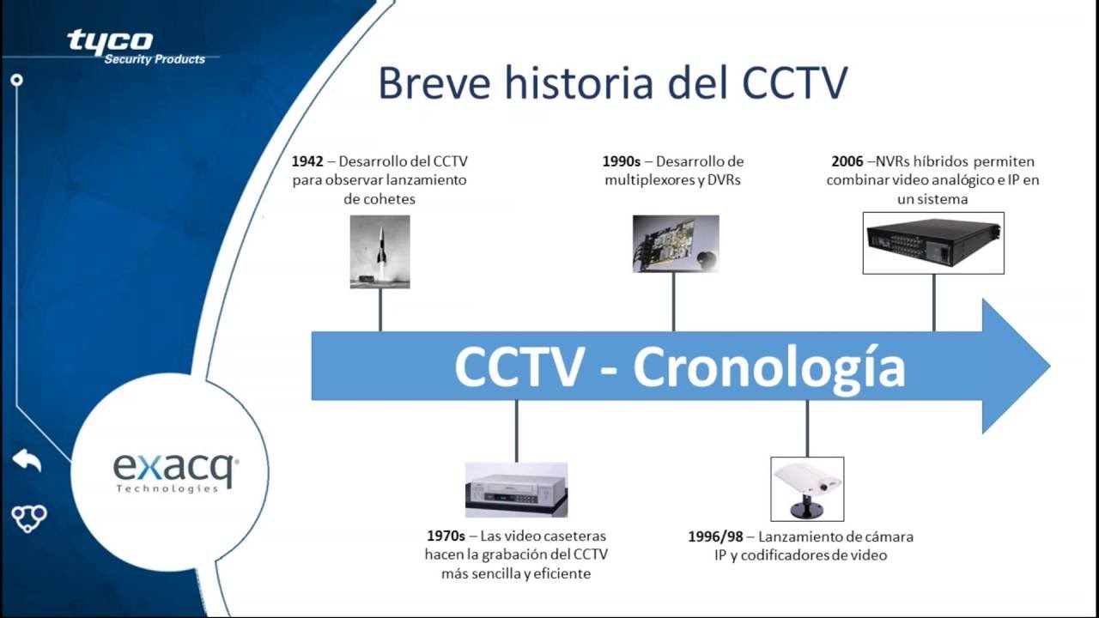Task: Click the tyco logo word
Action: coord(110,40)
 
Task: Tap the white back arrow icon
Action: coord(27,460)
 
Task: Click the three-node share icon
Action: coord(29,518)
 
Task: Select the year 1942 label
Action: coord(307,161)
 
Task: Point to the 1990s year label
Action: coord(621,161)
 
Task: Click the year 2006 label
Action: coord(847,161)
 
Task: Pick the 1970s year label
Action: coord(446,536)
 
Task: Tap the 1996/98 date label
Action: coord(715,536)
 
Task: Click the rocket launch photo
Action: coord(379,251)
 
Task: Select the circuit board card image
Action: coord(676,243)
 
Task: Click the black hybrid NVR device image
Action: coord(933,243)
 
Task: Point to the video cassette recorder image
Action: coord(516,489)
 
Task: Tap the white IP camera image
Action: coord(807,489)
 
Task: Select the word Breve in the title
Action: coord(434,83)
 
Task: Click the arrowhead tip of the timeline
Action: coord(1049,366)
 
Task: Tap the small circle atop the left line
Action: coord(16,80)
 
